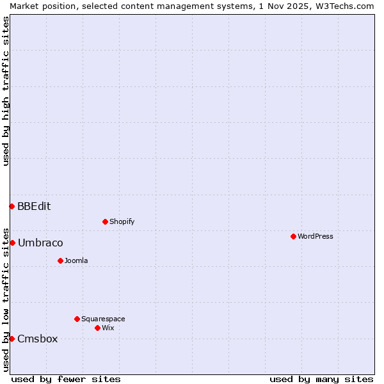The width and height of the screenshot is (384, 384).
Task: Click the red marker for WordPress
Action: click(293, 236)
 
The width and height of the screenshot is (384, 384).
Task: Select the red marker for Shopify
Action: click(105, 221)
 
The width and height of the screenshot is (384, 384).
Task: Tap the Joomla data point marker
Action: click(60, 260)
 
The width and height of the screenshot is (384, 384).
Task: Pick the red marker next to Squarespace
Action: click(77, 319)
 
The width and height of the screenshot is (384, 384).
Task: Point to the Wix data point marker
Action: click(97, 328)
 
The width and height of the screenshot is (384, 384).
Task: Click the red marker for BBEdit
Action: click(12, 206)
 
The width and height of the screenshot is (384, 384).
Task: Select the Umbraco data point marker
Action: click(12, 243)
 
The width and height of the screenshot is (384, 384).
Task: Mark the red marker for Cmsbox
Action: click(12, 339)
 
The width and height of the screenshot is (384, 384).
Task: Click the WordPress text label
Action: click(316, 236)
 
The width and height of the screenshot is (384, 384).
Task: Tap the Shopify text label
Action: click(122, 221)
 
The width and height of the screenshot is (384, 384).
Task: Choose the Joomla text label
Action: click(76, 260)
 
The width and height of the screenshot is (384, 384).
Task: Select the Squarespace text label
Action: click(103, 319)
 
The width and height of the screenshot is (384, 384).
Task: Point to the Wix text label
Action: click(108, 328)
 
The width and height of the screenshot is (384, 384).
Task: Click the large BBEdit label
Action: click(34, 206)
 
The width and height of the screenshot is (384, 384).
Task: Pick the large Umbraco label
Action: click(40, 243)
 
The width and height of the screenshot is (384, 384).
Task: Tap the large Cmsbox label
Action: click(37, 339)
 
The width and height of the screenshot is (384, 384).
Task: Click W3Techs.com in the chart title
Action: click(345, 6)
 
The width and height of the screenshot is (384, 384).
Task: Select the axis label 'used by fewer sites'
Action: click(66, 379)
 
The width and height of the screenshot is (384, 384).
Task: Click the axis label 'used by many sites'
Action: click(321, 379)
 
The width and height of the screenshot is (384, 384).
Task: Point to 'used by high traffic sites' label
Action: click(6, 91)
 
